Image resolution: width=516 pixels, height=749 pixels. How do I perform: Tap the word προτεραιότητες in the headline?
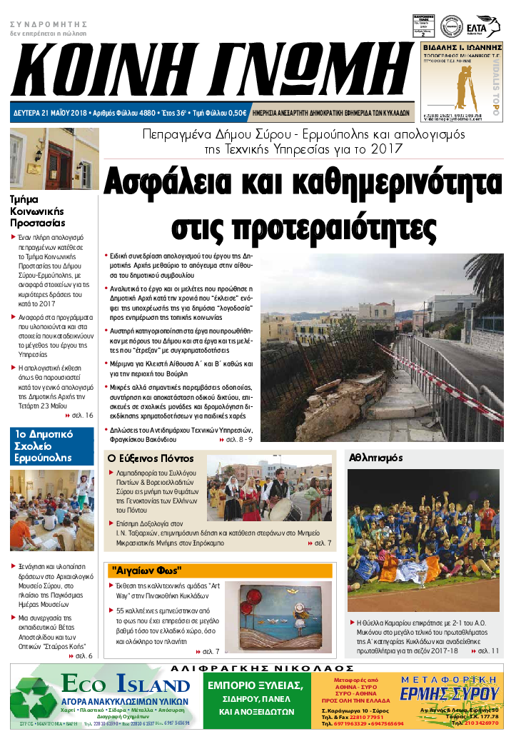(x=304, y=225)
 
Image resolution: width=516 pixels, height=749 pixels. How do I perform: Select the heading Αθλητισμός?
(x=376, y=458)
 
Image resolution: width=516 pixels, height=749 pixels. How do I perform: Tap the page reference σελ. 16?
(x=81, y=415)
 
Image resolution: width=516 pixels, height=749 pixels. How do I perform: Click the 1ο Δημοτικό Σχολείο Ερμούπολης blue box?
(x=51, y=446)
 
